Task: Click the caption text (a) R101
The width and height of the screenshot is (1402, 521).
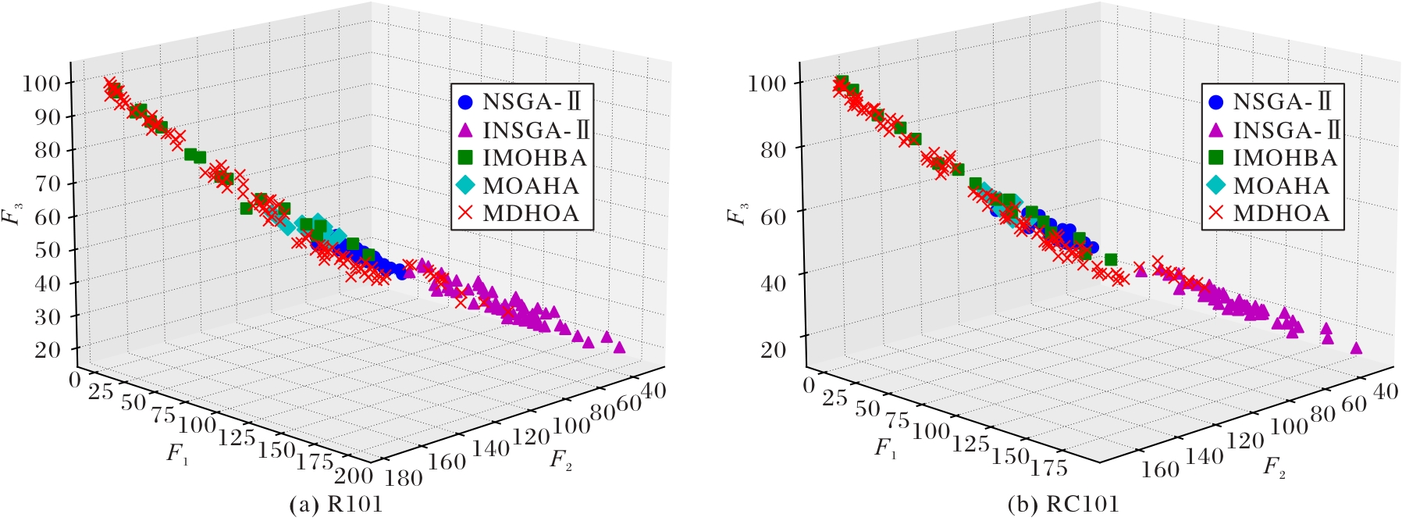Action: [x=336, y=505]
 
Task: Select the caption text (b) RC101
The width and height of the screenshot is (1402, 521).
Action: [x=1063, y=505]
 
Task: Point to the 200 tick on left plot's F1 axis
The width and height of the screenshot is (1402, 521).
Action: [x=353, y=474]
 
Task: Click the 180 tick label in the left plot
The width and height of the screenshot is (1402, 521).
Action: [x=404, y=477]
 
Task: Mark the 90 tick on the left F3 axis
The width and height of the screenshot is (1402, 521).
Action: [x=48, y=116]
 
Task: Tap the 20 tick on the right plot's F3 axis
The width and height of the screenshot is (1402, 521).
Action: [x=773, y=349]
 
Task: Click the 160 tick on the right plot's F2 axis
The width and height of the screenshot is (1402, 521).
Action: [x=1161, y=469]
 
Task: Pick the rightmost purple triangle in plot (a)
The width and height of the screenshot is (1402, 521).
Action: [x=619, y=347]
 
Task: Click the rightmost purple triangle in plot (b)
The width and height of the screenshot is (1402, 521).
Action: [x=1356, y=348]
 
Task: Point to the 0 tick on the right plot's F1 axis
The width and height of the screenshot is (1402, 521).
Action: [x=809, y=384]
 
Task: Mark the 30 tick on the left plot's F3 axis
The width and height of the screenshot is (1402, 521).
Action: [x=48, y=316]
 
